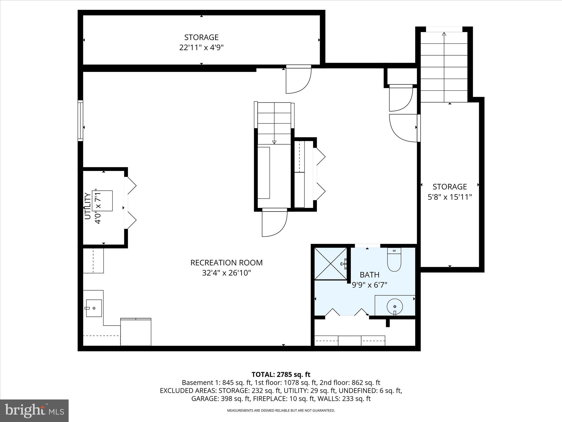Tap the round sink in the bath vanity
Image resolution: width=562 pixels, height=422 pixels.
coord(395,306)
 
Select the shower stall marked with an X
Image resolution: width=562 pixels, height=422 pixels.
coord(330,264)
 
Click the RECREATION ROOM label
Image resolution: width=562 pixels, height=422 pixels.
coord(226,263)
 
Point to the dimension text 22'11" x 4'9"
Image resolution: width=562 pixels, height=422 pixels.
coord(201,48)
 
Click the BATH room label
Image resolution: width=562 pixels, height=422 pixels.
coord(369,275)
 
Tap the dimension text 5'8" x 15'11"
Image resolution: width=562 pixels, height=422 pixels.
coord(449,197)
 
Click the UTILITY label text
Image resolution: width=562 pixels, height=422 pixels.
coord(88,206)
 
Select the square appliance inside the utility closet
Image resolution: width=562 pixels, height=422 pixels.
coord(104,201)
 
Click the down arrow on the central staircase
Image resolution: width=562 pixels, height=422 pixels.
coord(274,142)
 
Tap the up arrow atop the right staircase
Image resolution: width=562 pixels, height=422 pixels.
coord(444,34)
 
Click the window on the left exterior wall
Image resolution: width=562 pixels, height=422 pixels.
coord(80,121)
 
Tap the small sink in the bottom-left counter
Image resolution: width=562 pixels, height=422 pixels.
coord(94,308)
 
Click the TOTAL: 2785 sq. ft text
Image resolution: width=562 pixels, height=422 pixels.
coord(281,374)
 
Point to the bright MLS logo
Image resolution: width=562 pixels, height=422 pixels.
coord(34,410)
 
